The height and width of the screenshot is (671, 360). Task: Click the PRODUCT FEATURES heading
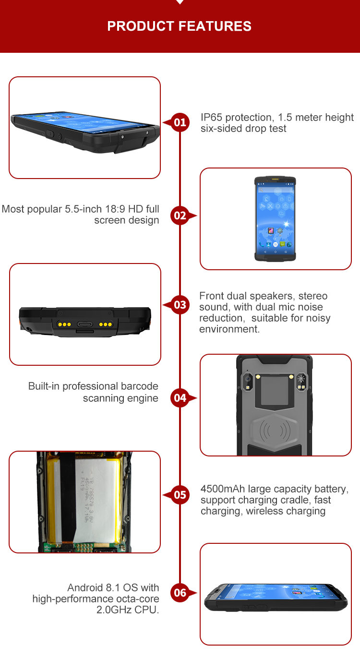[180, 26]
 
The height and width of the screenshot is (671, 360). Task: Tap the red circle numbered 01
[180, 122]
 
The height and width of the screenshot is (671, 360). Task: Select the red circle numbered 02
[180, 216]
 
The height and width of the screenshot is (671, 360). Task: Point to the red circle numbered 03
[180, 305]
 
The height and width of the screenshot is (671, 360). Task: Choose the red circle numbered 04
[180, 397]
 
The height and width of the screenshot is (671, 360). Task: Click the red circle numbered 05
[180, 494]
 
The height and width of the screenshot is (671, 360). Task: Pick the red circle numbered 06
[180, 593]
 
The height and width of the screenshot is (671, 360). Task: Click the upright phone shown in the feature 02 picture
[276, 219]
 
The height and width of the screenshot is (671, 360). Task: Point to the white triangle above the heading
[180, 2]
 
